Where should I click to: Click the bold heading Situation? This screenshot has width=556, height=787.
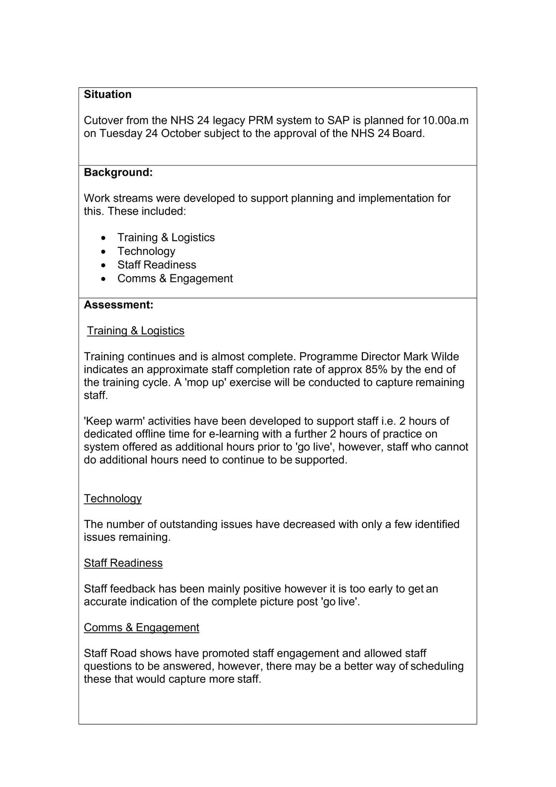click(x=107, y=94)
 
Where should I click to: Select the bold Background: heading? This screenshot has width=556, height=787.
click(x=118, y=172)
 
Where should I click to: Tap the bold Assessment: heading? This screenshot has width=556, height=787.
click(x=118, y=305)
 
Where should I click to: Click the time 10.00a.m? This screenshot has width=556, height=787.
click(x=445, y=120)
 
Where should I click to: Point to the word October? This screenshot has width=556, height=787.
click(x=181, y=133)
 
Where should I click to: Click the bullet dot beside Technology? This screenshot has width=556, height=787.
click(x=103, y=252)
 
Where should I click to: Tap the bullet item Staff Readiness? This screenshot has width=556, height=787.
click(x=156, y=265)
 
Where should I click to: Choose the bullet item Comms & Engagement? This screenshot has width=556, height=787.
click(x=175, y=278)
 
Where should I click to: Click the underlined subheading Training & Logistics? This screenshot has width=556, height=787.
click(x=136, y=331)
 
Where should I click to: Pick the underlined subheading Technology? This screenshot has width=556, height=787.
click(x=113, y=498)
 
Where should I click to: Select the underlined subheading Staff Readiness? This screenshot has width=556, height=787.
click(x=123, y=563)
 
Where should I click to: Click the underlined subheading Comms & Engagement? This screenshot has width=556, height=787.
click(x=141, y=627)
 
